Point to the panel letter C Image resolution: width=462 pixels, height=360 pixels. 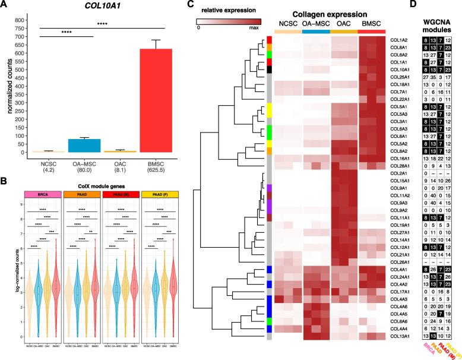[x=190, y=5]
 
